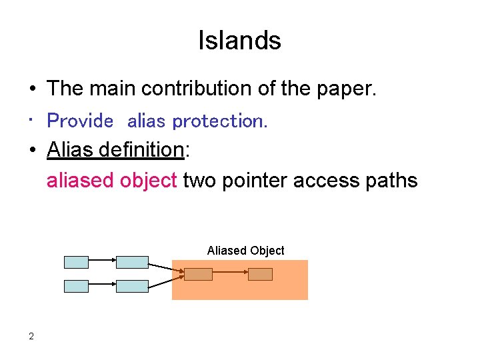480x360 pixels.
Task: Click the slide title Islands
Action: [x=239, y=41]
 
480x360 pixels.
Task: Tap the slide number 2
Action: [x=31, y=336]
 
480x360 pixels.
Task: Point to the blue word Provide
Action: [x=81, y=121]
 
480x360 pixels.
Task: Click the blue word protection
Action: [x=219, y=121]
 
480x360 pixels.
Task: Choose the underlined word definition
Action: [x=141, y=150]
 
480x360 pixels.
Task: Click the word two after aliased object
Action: [x=199, y=180]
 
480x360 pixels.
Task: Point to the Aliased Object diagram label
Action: [x=245, y=251]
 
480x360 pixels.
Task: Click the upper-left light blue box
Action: [x=76, y=262]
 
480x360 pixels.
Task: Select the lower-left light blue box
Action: [x=76, y=286]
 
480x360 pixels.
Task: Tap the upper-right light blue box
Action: [x=132, y=262]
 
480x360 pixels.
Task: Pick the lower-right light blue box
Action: [x=132, y=286]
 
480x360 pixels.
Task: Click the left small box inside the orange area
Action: [x=198, y=274]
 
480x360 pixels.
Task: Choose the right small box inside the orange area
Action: [x=260, y=274]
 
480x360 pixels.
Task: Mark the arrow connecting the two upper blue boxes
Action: [x=102, y=262]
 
